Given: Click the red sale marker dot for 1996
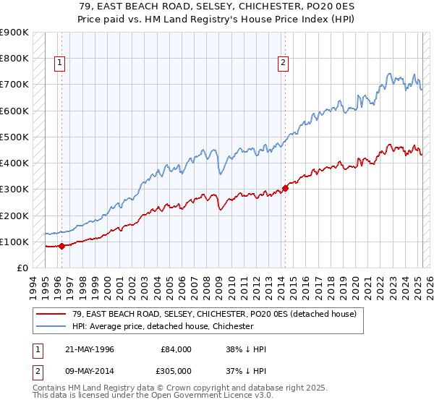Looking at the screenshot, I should click(x=61, y=246).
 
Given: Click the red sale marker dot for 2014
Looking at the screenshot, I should click(x=285, y=188).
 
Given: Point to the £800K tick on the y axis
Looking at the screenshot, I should click(x=14, y=59).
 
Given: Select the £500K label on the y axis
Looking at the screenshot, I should click(x=14, y=137).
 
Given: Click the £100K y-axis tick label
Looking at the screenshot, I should click(x=14, y=242).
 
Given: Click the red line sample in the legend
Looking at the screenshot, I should click(x=51, y=315).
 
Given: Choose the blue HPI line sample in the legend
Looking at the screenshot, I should click(x=51, y=326).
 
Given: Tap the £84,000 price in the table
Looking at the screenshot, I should click(x=176, y=349).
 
